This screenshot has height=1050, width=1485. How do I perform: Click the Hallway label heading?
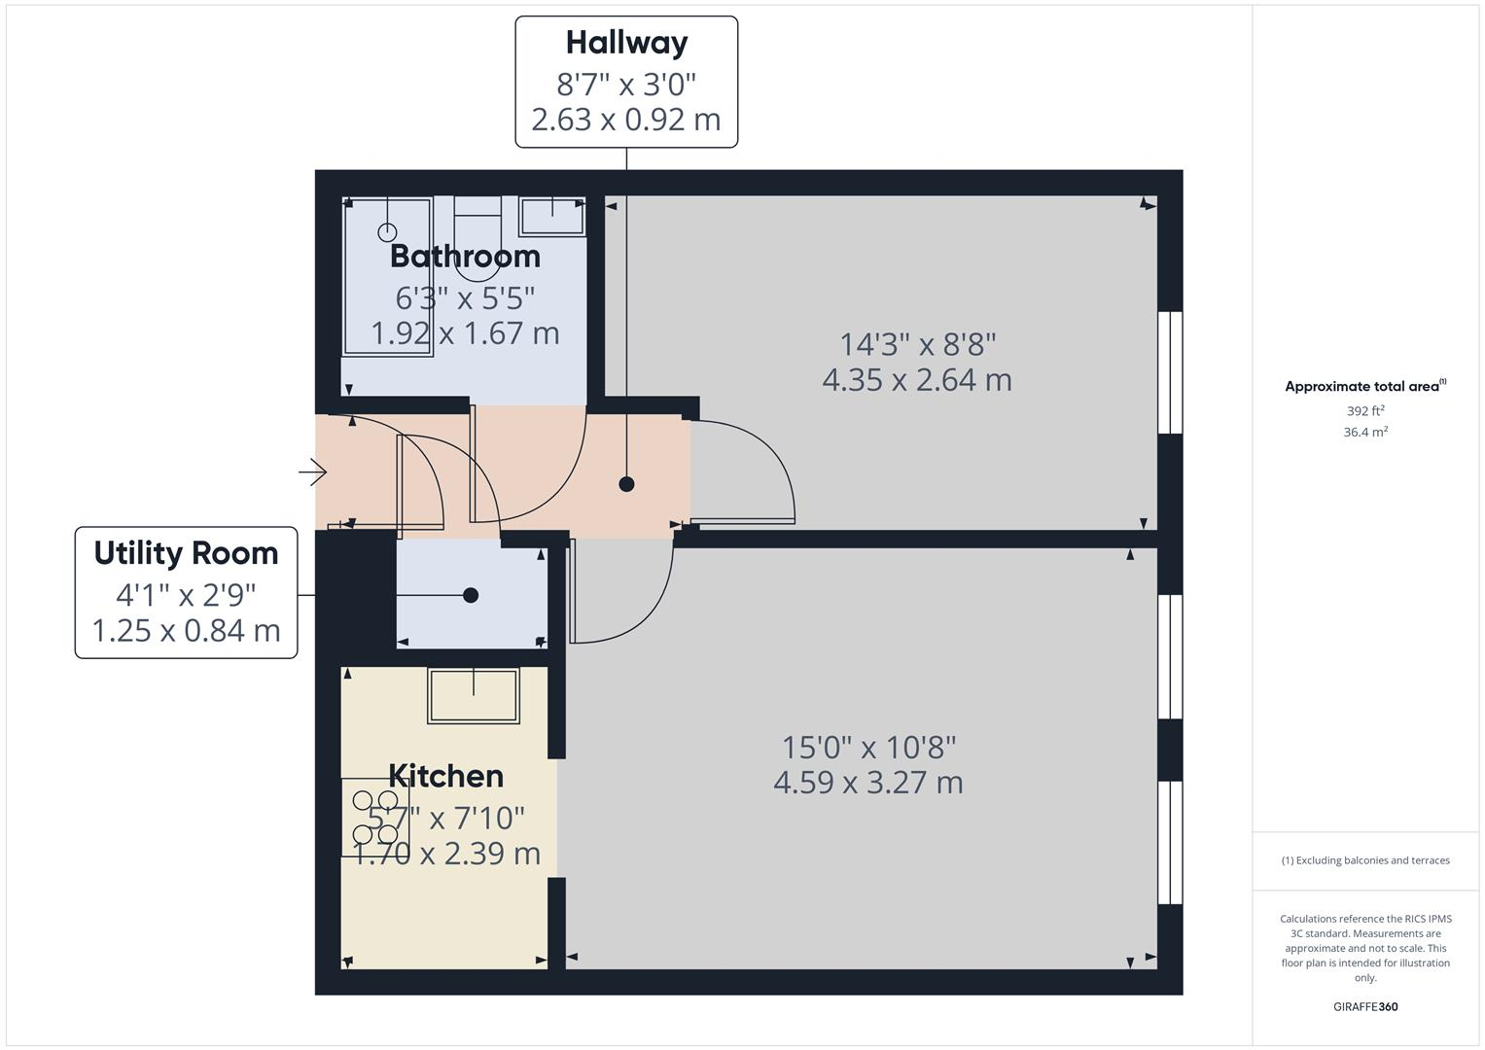(x=626, y=43)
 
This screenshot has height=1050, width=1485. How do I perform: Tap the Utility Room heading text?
(x=186, y=553)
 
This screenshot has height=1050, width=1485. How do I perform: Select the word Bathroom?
(x=465, y=257)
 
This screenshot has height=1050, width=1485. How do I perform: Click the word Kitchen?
(x=445, y=776)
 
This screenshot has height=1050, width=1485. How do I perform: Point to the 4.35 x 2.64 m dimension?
(x=917, y=380)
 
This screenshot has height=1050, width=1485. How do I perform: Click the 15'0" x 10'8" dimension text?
(x=869, y=748)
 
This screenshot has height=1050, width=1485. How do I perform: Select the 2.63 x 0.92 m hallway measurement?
(x=626, y=120)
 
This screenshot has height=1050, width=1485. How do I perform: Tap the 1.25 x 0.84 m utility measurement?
(x=186, y=631)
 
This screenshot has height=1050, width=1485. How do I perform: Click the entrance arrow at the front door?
(x=313, y=472)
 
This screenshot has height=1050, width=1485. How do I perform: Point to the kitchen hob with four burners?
(x=375, y=818)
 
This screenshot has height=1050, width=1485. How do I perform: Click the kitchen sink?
(x=474, y=694)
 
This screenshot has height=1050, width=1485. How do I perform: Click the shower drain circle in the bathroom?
(x=387, y=232)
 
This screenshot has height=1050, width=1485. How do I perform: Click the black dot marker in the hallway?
(x=626, y=483)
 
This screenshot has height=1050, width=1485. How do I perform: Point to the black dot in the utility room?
(x=471, y=595)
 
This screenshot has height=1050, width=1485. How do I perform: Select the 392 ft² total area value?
(x=1365, y=411)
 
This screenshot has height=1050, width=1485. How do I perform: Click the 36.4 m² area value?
(x=1365, y=433)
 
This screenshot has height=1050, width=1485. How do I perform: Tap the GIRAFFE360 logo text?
(x=1365, y=1006)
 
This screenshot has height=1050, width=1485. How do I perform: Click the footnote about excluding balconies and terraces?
(x=1365, y=860)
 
